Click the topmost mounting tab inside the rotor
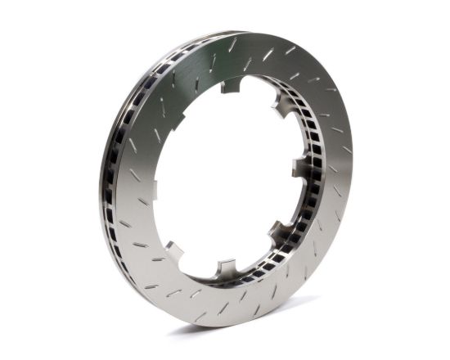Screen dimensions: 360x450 point(232,85)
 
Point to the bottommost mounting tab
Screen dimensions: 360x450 point(224,268)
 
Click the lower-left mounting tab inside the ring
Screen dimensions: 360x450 point(173,247)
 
